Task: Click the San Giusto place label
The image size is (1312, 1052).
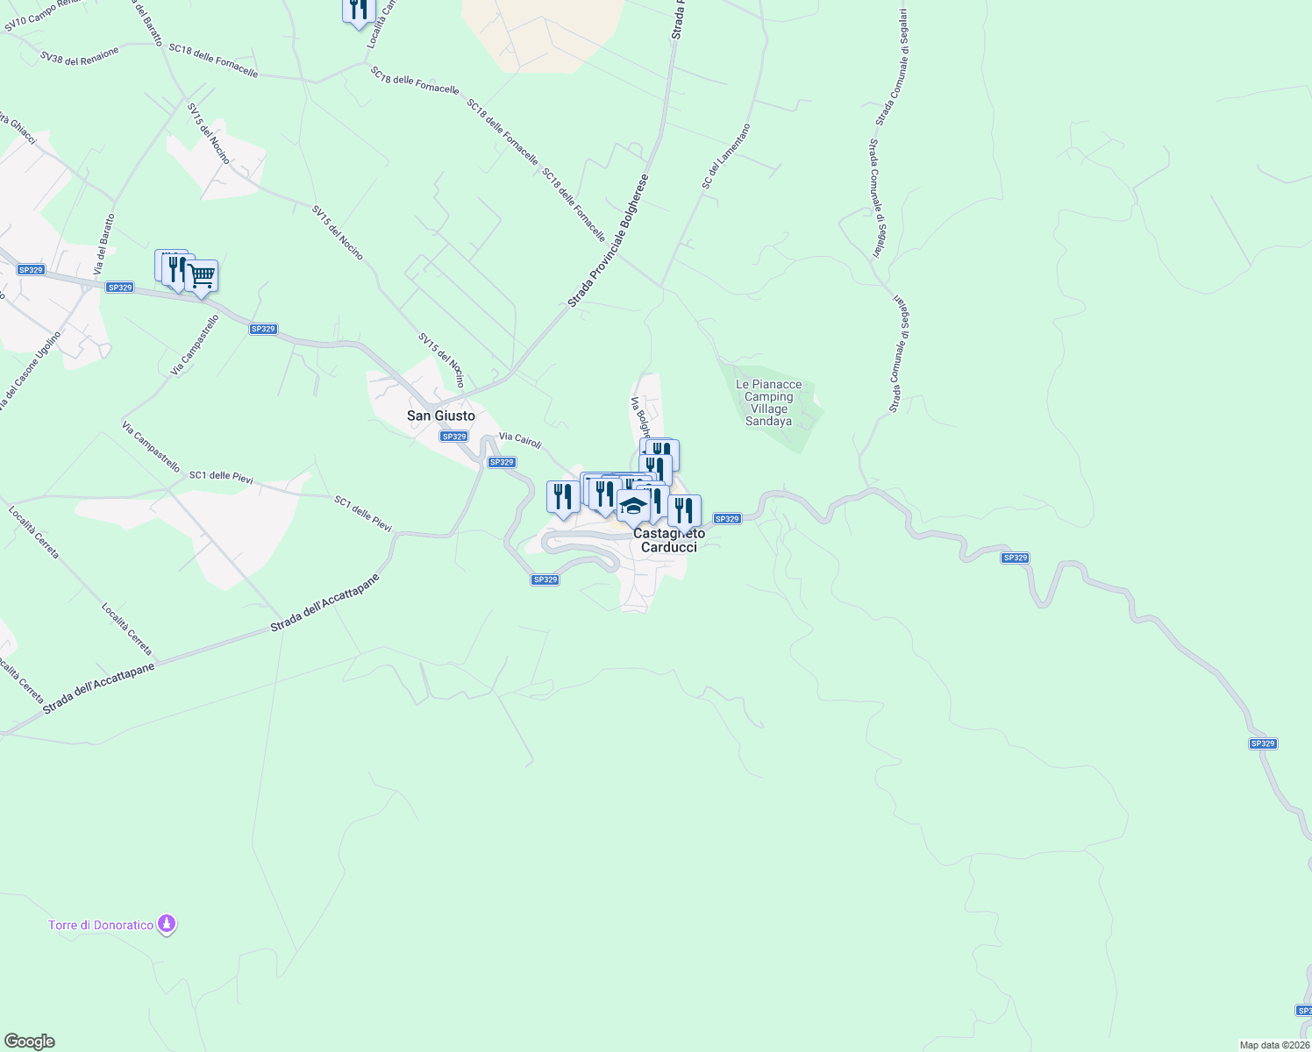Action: (441, 416)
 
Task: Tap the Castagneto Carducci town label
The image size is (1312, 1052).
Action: (669, 540)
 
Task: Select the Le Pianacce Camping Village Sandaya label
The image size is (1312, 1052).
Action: (768, 402)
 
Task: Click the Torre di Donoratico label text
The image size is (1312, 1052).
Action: (101, 925)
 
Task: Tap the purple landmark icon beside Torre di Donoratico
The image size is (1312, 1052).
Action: (167, 924)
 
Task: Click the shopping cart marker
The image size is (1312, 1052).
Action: (202, 277)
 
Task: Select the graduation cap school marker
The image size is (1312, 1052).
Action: (633, 506)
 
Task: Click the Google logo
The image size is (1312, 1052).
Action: (30, 1041)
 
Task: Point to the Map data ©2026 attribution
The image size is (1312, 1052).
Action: (1273, 1045)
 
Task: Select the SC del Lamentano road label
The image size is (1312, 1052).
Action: (726, 156)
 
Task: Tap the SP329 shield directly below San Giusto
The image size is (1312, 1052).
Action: (453, 437)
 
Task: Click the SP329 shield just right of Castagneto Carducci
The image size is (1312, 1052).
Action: (727, 519)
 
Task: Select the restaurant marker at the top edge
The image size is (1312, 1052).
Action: (358, 10)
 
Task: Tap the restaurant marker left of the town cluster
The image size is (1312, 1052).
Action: (562, 497)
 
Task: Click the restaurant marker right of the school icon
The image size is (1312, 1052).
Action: (684, 510)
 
